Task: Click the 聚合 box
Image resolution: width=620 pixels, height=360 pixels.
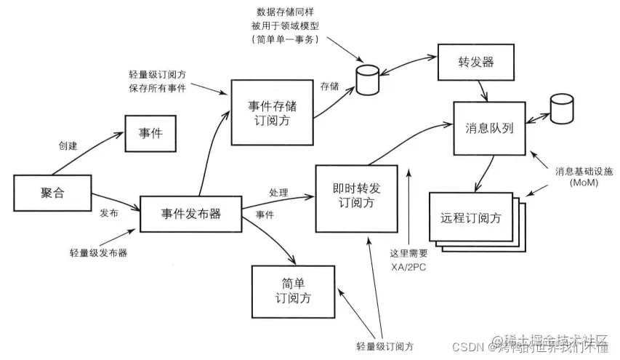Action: [x=48, y=193]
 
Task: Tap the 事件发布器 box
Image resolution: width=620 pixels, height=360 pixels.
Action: [x=190, y=214]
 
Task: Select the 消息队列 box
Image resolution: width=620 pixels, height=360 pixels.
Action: [x=490, y=127]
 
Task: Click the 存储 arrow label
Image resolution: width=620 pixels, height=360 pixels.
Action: [x=329, y=87]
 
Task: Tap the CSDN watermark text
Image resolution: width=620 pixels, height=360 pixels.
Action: [x=468, y=348]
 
